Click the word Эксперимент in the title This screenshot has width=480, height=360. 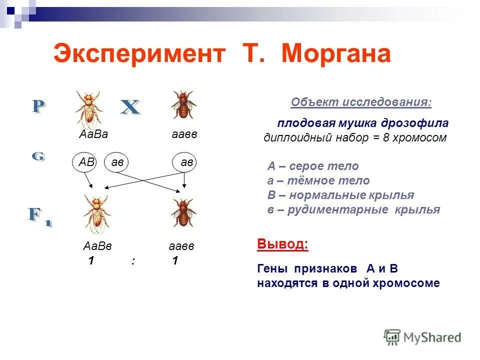pos(138,54)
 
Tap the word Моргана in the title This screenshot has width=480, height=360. pos(335,54)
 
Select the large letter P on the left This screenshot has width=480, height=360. pos(38,107)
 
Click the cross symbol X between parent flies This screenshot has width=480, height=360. pos(130,107)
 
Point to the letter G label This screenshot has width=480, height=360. pos(38,156)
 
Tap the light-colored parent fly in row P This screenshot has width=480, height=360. pos(89,107)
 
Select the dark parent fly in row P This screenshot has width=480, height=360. pos(183,104)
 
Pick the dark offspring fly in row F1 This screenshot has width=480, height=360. pos(183,212)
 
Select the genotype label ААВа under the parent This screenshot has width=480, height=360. pos(93,134)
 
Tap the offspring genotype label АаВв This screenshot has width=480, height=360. pos(97,246)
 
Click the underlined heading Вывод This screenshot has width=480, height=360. pos(282,244)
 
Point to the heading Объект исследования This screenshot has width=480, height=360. pos(361,102)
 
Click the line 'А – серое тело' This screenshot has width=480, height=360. pos(313,166)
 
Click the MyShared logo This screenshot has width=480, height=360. pos(423,336)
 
